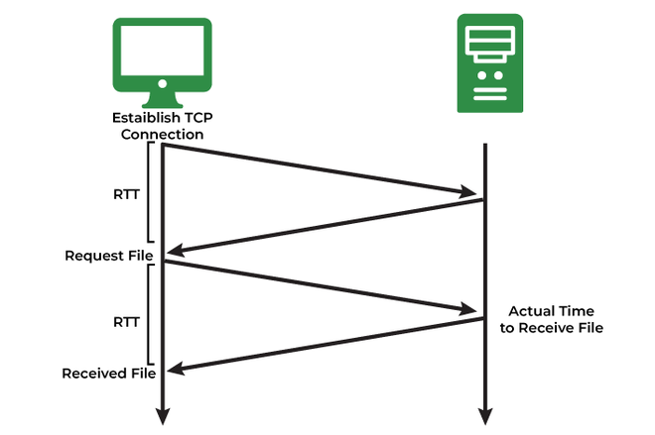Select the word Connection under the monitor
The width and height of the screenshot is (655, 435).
tap(163, 134)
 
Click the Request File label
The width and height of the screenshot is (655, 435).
tap(109, 256)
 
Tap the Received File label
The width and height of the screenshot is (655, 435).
tap(108, 374)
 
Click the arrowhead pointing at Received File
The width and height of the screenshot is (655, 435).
tap(172, 371)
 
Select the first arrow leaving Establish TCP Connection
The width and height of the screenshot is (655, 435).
tap(318, 168)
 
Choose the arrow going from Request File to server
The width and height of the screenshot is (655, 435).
tap(318, 286)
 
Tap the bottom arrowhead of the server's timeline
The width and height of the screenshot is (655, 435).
tap(485, 415)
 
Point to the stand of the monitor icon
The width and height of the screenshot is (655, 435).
tap(163, 99)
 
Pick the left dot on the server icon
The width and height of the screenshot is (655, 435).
tap(481, 75)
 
